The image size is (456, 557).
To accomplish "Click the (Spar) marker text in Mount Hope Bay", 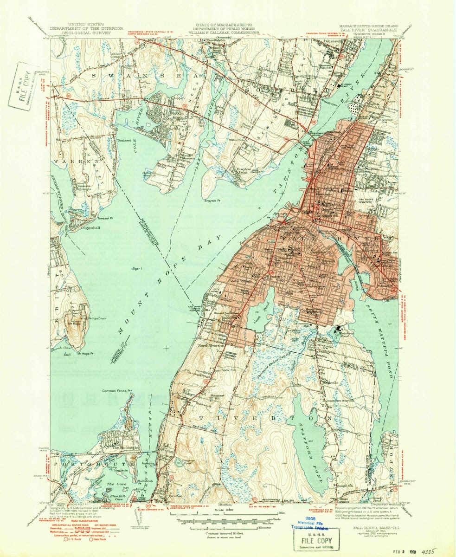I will click(138, 268).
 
